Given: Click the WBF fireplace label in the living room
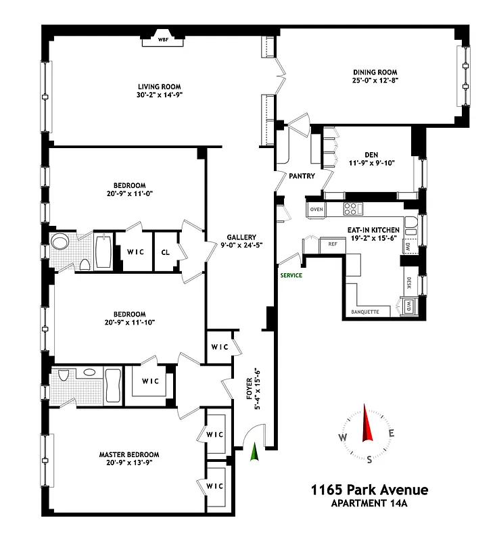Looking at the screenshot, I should point(162,40).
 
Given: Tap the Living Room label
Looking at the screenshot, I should point(160,87).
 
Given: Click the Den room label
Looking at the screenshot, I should point(370,153).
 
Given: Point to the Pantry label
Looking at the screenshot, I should point(302,176).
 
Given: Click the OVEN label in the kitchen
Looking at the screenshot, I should point(317,210).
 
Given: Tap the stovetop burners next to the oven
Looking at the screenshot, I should point(352,209).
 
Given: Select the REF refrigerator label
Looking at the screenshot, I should point(333,244).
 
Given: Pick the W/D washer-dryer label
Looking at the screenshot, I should point(409,306).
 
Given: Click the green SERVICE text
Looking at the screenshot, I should point(291,275).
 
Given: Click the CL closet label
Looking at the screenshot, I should point(166,252).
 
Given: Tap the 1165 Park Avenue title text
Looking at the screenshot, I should point(369,490).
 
